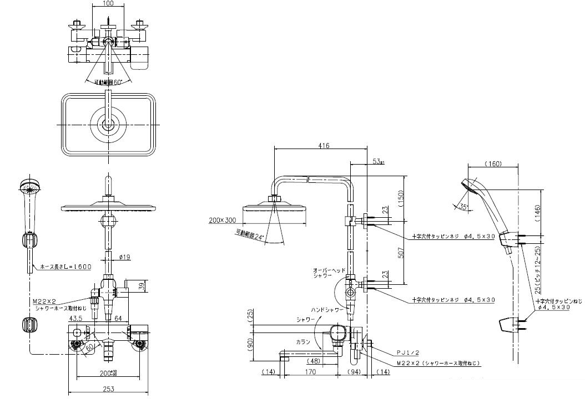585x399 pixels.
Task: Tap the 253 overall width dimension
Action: pyautogui.click(x=109, y=389)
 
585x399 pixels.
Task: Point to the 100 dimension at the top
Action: pyautogui.click(x=108, y=4)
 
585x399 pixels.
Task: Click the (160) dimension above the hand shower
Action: pyautogui.click(x=493, y=164)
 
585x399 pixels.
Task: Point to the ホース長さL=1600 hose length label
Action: pyautogui.click(x=65, y=267)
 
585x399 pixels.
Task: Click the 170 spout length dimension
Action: pyautogui.click(x=310, y=372)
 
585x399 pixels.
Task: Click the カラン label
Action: pyautogui.click(x=302, y=341)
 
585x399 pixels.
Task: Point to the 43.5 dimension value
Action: pyautogui.click(x=76, y=318)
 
